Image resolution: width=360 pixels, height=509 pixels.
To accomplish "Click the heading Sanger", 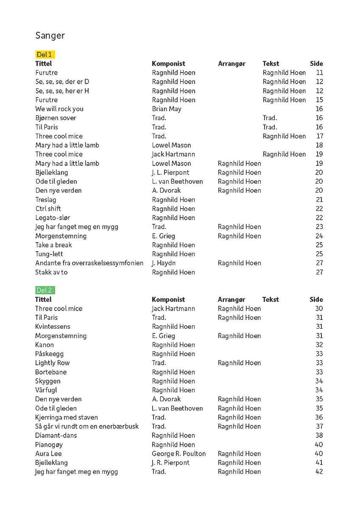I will (50, 36).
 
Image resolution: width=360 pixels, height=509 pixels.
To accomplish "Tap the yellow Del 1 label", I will (45, 54).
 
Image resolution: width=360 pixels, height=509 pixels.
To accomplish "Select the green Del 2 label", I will (45, 290).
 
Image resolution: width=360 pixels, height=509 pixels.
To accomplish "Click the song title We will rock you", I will (59, 109).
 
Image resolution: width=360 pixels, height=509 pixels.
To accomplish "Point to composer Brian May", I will (167, 109).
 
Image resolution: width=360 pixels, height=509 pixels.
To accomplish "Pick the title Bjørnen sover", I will (56, 118).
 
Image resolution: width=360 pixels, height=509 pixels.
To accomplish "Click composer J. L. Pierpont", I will (170, 172).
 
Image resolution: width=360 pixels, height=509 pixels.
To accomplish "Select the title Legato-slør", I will (53, 218).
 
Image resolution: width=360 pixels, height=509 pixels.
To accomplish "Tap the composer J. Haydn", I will (164, 263).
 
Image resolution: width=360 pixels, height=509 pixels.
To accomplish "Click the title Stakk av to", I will (51, 272).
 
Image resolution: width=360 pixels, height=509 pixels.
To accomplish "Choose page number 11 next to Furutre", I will (319, 73).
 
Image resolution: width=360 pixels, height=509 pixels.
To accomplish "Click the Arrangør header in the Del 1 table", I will (232, 64).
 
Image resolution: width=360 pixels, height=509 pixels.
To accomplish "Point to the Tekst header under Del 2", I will (271, 299).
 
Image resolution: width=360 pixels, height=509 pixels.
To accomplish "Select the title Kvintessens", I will (53, 327).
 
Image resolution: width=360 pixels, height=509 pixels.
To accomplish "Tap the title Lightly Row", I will (52, 363).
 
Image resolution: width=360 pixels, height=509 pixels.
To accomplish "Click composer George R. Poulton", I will (179, 453).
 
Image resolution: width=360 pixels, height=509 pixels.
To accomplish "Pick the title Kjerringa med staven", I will (66, 417).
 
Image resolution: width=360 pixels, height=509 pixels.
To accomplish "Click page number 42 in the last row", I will (319, 472).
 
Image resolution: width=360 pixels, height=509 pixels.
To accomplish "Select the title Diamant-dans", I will (56, 435).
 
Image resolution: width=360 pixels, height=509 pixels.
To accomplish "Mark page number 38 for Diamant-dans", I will (319, 435).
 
